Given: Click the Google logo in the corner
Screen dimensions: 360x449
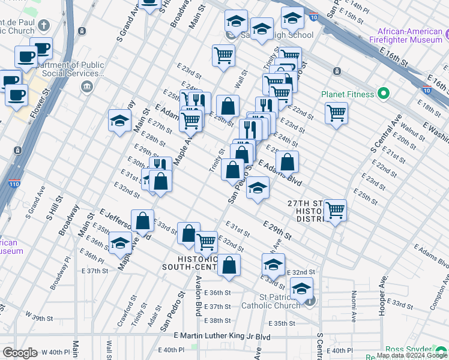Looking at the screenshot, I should coord(20,353).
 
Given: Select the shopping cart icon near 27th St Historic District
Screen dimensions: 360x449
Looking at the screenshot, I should coord(335,211).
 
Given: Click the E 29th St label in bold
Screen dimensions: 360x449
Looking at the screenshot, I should coord(277,230).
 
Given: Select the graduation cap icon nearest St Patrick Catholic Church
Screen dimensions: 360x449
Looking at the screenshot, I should coord(301,289).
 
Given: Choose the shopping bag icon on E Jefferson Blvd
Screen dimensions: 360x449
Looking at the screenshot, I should coord(143,221).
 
